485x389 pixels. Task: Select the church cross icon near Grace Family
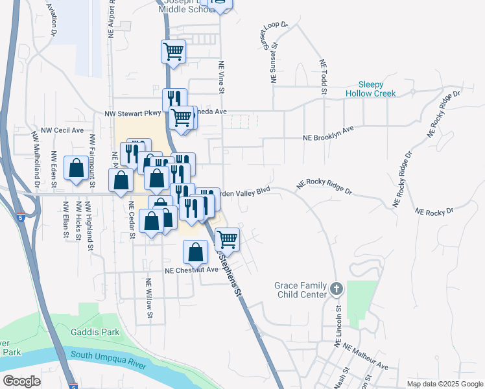[336, 289]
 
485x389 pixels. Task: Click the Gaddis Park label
[95, 332]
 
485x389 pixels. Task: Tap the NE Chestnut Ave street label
[192, 270]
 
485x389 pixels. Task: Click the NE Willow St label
[149, 299]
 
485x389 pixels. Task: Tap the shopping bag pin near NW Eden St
[77, 169]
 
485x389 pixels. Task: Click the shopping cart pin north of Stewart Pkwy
[173, 51]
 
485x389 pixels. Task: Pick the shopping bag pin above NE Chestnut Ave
[195, 252]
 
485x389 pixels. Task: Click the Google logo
[22, 381]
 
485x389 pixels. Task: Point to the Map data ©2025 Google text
[445, 384]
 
